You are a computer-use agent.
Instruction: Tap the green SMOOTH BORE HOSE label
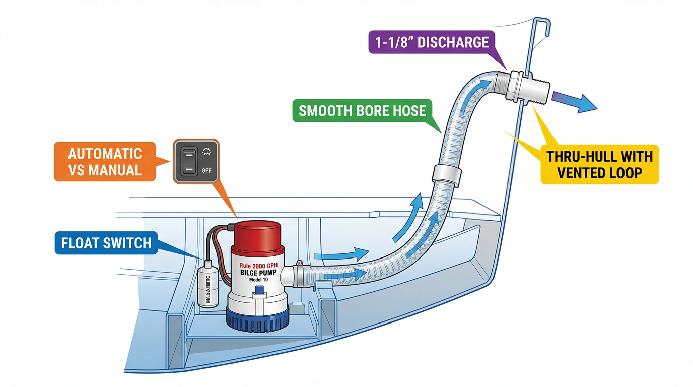[362, 111]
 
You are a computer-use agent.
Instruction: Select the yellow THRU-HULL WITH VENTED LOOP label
[599, 164]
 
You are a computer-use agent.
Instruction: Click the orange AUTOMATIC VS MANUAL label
[105, 161]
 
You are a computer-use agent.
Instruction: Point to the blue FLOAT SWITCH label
[106, 243]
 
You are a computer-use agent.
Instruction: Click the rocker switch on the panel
[188, 160]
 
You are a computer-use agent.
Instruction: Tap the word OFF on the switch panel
[206, 170]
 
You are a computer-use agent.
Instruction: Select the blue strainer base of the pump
[258, 319]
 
